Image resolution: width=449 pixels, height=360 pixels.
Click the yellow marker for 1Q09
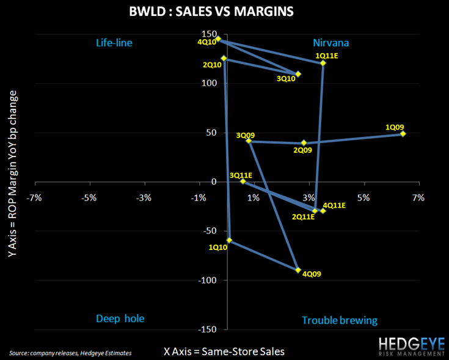point(403,133)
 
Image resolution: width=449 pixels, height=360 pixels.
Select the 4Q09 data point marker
point(298,270)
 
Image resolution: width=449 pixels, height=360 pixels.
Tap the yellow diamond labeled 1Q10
point(230,240)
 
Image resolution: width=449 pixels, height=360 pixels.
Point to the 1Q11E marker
point(323,63)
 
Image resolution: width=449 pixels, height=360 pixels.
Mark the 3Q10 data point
point(298,74)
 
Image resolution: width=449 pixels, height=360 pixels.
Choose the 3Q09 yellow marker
point(249,141)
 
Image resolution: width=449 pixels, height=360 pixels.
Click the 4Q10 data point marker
point(218,39)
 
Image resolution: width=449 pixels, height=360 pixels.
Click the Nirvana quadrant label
point(331,43)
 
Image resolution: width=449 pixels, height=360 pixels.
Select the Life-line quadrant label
point(114,43)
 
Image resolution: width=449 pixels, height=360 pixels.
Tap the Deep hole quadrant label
point(120,318)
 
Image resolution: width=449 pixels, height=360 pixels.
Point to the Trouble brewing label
point(340,320)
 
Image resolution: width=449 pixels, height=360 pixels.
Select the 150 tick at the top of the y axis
point(210,33)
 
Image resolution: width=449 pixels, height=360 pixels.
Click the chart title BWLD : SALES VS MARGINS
point(224,12)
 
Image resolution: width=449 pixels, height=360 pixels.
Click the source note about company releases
point(70,353)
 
